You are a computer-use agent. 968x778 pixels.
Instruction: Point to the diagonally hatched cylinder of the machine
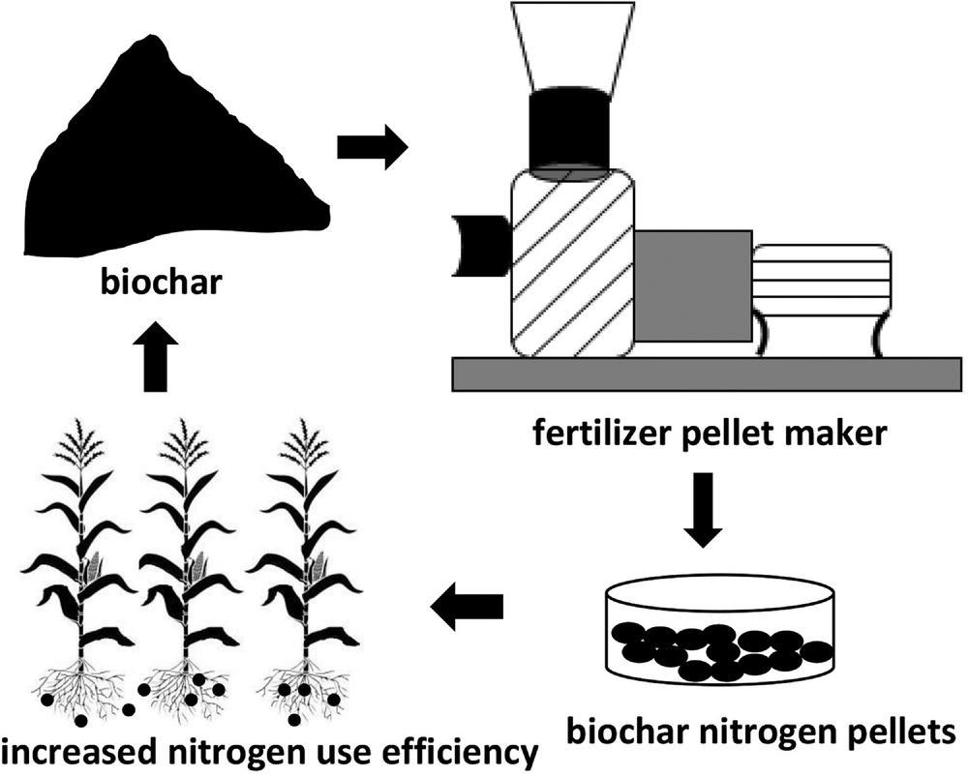pos(569,261)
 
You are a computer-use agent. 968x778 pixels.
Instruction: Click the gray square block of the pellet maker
pos(693,285)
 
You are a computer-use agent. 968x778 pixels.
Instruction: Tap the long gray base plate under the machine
pos(707,374)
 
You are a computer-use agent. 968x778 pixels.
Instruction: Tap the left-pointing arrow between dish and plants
pos(468,606)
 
